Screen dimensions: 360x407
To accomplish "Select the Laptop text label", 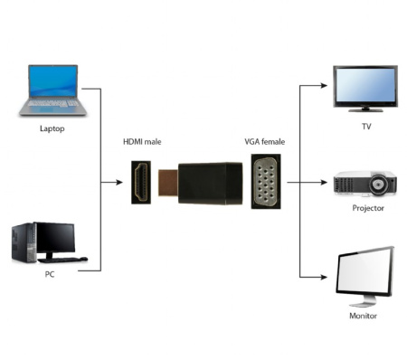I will (x=52, y=128).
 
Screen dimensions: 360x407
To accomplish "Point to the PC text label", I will (x=51, y=275).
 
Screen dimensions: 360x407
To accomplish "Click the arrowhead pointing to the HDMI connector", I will (x=120, y=182).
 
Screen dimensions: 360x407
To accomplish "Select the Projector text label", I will (x=367, y=208).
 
